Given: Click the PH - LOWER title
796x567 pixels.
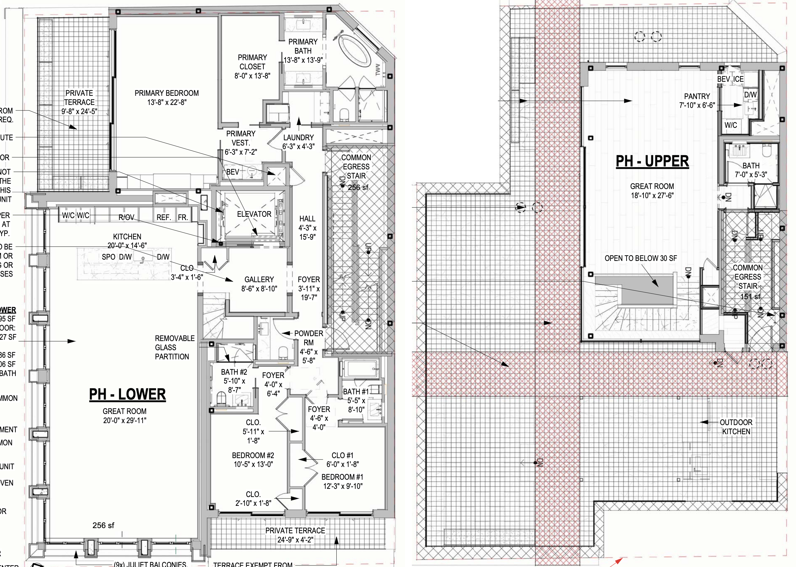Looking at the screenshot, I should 127,395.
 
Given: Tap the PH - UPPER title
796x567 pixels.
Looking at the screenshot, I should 652,161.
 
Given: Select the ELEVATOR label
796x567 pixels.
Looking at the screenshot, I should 254,215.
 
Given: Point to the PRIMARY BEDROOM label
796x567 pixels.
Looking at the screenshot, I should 167,93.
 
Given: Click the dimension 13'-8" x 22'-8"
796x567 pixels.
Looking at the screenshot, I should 167,102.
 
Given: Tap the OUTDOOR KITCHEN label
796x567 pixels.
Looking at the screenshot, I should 736,427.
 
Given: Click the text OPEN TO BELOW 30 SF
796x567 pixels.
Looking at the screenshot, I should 641,258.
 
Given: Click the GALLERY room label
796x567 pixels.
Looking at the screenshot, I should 259,280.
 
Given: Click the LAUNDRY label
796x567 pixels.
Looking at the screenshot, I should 298,138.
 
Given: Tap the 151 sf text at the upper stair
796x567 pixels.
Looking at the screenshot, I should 750,297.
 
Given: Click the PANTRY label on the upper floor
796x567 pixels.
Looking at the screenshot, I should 697,96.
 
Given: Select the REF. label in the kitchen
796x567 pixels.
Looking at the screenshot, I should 164,217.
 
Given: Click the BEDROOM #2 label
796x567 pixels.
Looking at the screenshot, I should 253,455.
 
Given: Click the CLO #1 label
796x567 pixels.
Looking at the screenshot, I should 342,455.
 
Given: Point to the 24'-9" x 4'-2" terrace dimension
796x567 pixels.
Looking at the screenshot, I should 295,540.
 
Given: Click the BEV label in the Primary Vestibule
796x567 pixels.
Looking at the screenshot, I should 233,172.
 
